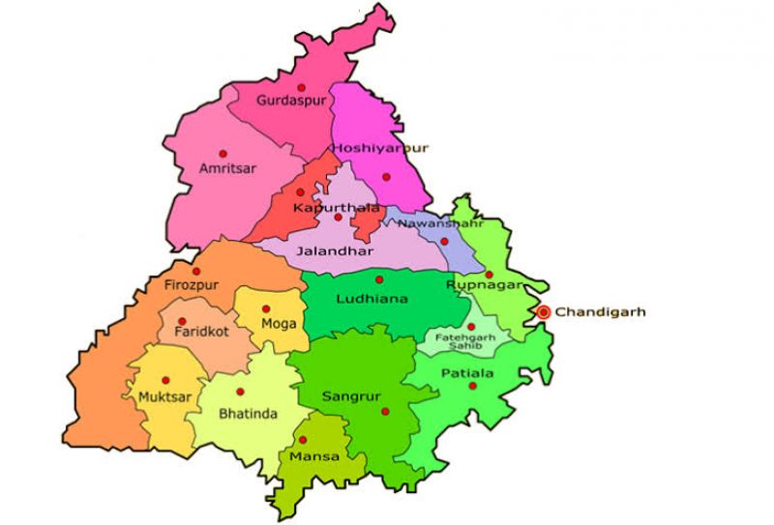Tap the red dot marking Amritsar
click(x=223, y=153)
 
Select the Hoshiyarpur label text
click(x=379, y=148)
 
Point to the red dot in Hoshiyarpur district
click(x=386, y=176)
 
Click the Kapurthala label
click(x=323, y=207)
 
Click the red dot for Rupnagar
click(x=489, y=274)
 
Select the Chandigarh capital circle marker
click(x=544, y=311)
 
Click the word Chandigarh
click(x=600, y=312)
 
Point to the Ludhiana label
click(x=372, y=299)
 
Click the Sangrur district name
click(x=345, y=396)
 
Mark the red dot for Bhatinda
click(x=239, y=392)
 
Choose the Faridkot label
click(x=199, y=333)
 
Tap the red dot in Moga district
click(x=266, y=308)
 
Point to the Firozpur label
click(x=192, y=286)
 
